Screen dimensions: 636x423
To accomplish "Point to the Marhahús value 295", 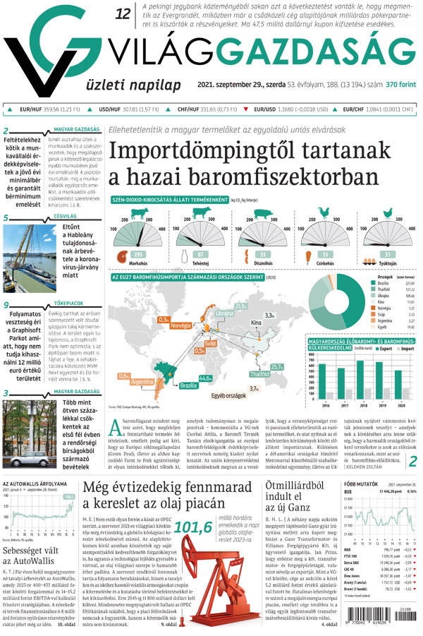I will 138,254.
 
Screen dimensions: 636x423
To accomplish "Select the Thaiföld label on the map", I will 259,373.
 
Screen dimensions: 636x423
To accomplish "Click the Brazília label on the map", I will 188,386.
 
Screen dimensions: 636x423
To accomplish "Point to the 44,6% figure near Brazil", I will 206,378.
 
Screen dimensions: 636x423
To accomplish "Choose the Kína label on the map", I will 256,322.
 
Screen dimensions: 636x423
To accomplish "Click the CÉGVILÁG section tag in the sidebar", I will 65,215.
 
